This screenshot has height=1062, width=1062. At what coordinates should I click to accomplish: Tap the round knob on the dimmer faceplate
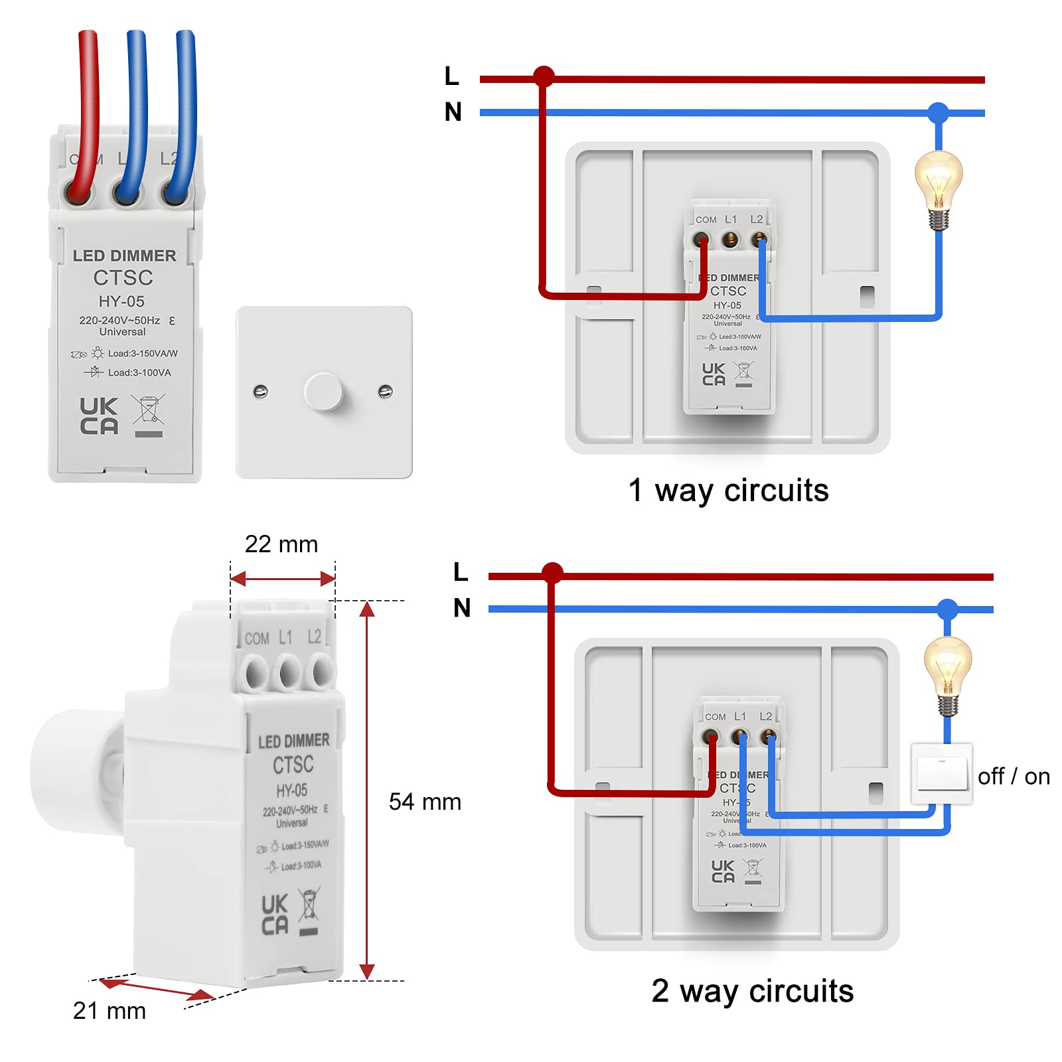click(x=323, y=392)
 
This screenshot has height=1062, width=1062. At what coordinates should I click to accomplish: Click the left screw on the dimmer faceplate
click(x=261, y=391)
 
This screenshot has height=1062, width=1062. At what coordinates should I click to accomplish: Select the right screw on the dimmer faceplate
click(x=385, y=392)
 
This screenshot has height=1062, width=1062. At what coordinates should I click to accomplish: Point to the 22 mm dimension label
click(x=281, y=544)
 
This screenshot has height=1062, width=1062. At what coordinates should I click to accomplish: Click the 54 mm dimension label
click(x=425, y=802)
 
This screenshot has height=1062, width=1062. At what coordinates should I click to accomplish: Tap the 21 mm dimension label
click(x=110, y=1010)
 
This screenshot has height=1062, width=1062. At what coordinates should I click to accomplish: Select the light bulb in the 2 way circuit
click(x=947, y=674)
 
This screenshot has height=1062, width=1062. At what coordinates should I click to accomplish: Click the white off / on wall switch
click(x=941, y=774)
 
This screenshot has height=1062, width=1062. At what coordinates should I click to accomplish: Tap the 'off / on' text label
click(x=1014, y=776)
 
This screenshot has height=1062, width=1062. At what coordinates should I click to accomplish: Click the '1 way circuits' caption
click(x=728, y=491)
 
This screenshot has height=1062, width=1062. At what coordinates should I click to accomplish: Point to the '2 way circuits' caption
click(x=752, y=991)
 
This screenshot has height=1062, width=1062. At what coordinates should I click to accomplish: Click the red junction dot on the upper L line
click(x=544, y=76)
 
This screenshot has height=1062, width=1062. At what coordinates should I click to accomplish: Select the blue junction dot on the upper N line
click(x=938, y=113)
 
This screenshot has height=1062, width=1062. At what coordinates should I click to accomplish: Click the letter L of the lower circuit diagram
click(x=461, y=571)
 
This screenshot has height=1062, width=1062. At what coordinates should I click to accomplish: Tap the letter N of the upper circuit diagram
click(x=453, y=112)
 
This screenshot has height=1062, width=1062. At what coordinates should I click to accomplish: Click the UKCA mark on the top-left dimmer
click(x=99, y=416)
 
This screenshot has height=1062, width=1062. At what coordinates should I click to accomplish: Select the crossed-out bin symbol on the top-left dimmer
click(x=149, y=410)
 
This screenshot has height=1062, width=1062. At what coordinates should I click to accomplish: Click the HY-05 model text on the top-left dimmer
click(x=121, y=301)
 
